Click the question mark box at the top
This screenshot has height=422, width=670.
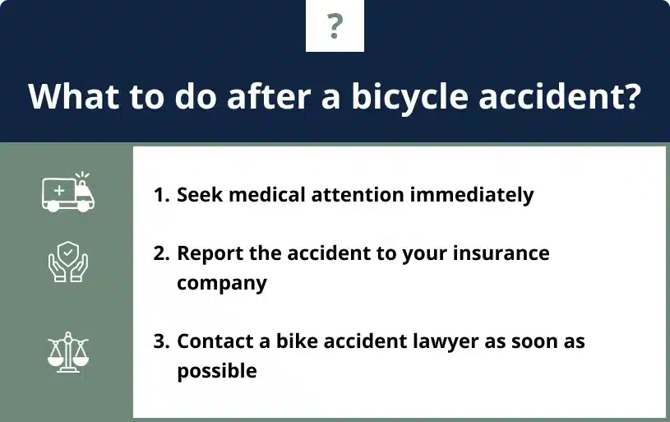(x=335, y=26)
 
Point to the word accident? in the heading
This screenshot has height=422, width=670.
(x=575, y=96)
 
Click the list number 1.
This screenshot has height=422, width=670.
(x=160, y=196)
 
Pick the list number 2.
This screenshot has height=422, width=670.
(x=160, y=253)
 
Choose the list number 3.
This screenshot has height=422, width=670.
(x=160, y=341)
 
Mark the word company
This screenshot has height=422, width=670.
(x=222, y=283)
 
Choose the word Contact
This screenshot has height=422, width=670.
(x=212, y=341)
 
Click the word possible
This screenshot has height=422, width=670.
(x=217, y=371)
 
